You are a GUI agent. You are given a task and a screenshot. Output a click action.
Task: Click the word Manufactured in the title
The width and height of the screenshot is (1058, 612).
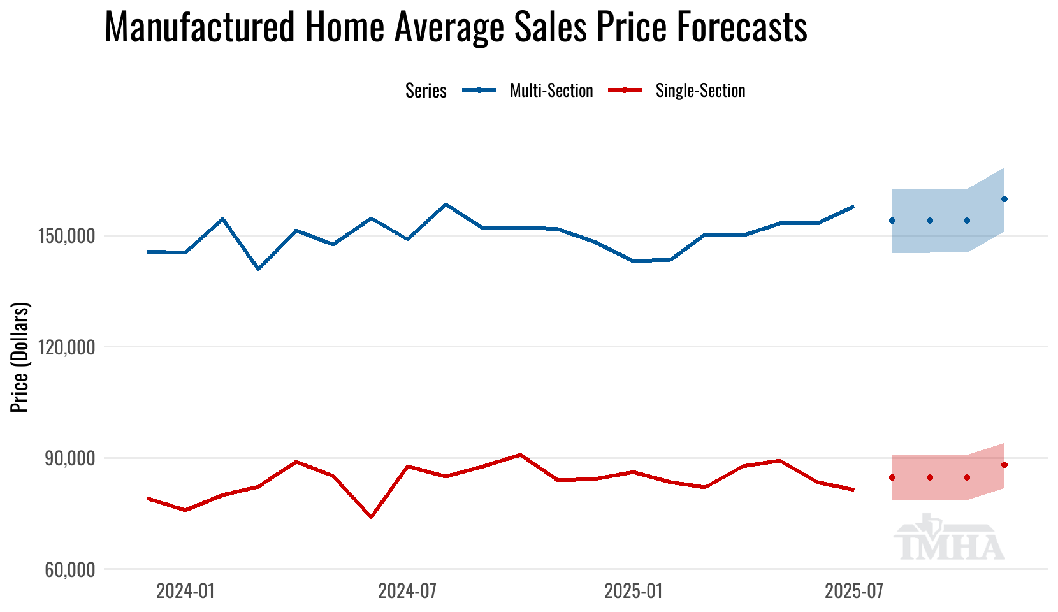[x=199, y=27]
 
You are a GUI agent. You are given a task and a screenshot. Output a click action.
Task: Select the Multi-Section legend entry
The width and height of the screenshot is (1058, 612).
[x=551, y=91]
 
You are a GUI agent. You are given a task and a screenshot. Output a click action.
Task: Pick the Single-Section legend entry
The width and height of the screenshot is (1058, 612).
[x=700, y=91]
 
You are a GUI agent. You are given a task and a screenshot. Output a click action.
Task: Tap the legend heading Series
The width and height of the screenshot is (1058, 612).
[x=426, y=91]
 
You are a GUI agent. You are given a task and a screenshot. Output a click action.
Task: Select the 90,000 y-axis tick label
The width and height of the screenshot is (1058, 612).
[x=70, y=459]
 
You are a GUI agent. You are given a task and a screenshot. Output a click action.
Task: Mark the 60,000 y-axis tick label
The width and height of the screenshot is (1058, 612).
[x=70, y=570]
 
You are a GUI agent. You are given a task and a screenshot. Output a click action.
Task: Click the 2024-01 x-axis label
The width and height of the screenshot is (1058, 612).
[x=185, y=592]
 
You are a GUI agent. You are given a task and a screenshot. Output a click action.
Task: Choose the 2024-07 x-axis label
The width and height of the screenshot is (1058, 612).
[x=407, y=592]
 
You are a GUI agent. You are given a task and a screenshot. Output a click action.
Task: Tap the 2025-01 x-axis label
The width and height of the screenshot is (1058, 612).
[x=634, y=592]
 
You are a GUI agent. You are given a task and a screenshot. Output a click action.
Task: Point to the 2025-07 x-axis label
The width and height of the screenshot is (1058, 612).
[x=854, y=592]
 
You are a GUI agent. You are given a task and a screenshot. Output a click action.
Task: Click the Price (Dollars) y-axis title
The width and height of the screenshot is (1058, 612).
[x=20, y=358]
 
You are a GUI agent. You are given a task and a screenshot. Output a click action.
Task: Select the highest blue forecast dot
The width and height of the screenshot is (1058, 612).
[x=1004, y=199]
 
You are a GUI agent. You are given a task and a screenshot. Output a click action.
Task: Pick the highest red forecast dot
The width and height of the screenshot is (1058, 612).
[x=1004, y=465]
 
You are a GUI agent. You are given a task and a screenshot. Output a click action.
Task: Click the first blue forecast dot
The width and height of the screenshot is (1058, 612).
[x=892, y=221]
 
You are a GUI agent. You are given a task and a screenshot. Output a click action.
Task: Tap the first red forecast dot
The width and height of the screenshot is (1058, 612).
[x=892, y=477]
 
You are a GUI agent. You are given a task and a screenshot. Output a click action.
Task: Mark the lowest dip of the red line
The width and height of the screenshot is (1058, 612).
[x=371, y=517]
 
